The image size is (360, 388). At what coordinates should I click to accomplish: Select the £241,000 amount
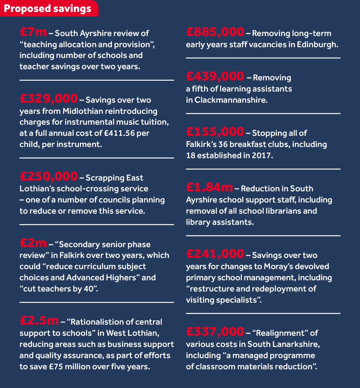pos(215,254)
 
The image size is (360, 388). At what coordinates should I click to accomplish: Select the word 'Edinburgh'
pos(320,45)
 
